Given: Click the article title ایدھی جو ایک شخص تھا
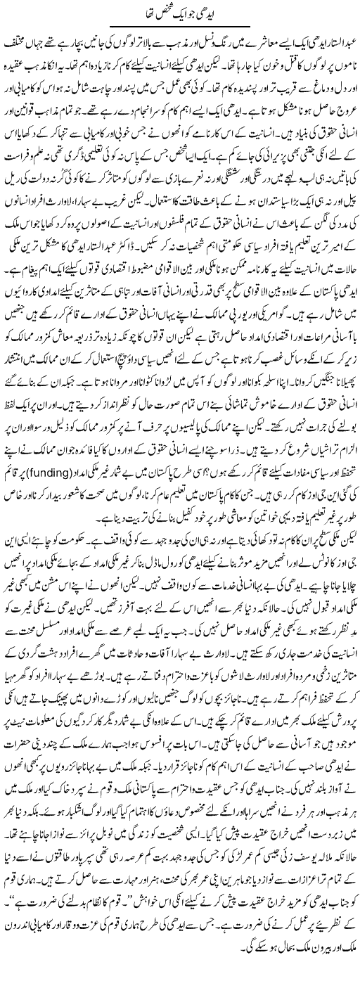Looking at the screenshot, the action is point(180,14).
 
